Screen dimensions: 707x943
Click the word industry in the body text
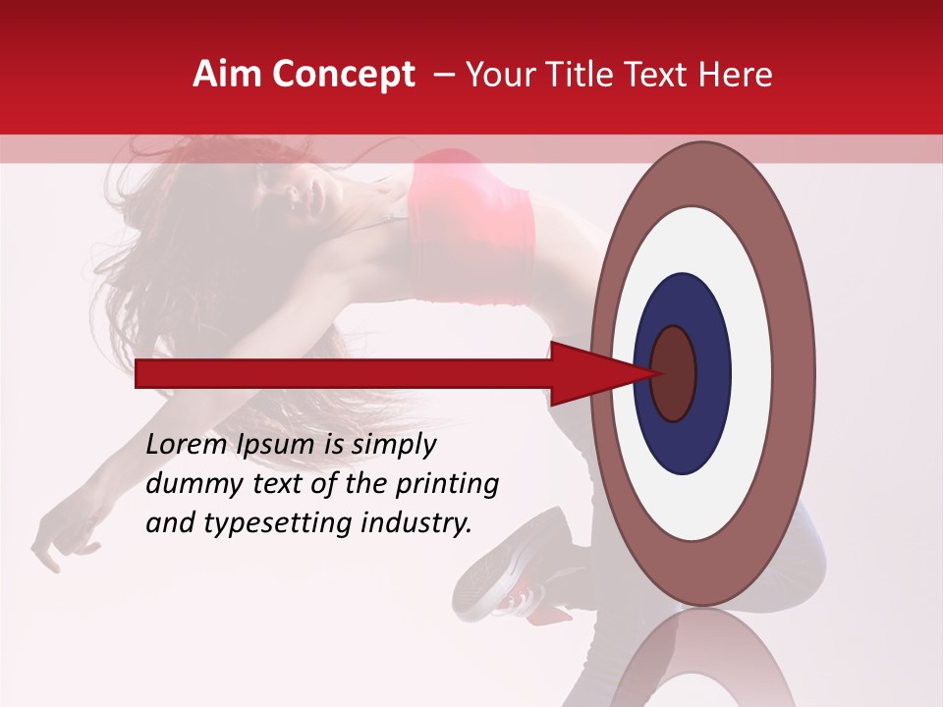click(x=412, y=523)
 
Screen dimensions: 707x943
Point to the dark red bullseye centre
click(x=673, y=373)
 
